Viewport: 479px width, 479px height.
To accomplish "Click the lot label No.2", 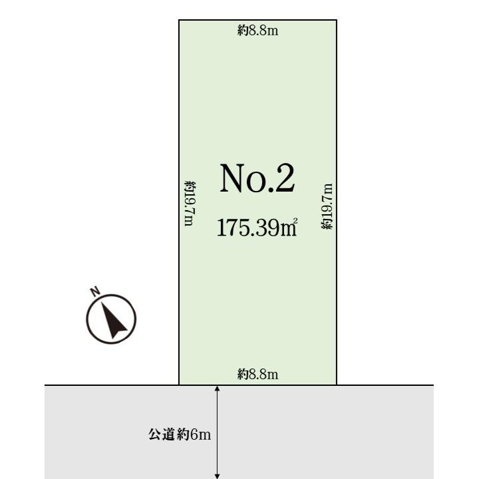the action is [x=257, y=178].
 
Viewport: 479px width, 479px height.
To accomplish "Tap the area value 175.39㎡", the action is [x=257, y=228].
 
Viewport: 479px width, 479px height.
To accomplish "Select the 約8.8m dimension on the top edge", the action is [x=258, y=31].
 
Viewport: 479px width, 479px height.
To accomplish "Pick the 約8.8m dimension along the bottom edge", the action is [x=258, y=374].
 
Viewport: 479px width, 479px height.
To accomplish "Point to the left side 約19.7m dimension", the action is [x=190, y=204].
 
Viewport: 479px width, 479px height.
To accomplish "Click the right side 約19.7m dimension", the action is [x=327, y=206].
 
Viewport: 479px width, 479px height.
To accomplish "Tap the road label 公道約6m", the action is [x=180, y=434].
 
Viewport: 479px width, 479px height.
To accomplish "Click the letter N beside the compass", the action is [x=96, y=291].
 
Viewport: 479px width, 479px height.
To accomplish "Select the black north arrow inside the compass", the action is [x=113, y=320].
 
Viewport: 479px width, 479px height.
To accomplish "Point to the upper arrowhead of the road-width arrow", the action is [x=217, y=388].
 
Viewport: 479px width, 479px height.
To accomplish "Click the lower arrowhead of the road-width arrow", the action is [x=217, y=476].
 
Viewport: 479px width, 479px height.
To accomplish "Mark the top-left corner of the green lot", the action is [x=179, y=20].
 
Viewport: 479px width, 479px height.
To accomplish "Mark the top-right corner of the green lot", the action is [x=337, y=20].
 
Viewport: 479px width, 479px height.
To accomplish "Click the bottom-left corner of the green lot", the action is [x=179, y=385].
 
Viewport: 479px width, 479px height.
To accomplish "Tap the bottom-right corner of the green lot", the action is [x=337, y=385].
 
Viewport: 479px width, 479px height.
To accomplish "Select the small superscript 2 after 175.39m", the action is [x=295, y=220].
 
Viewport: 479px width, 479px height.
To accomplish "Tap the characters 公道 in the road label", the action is [x=162, y=434].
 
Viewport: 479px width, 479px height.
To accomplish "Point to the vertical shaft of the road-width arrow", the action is [x=217, y=432].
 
